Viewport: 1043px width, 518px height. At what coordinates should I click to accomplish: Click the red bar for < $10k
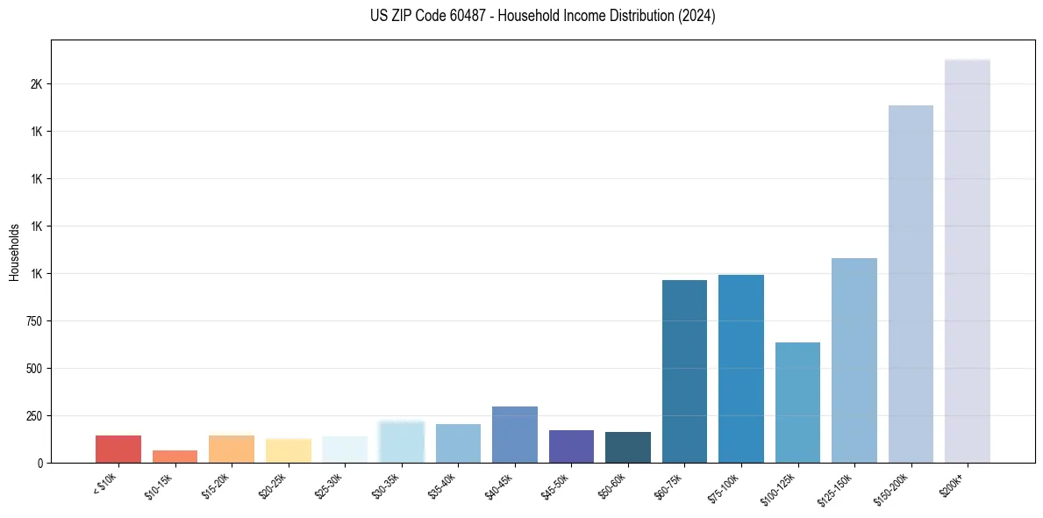[118, 449]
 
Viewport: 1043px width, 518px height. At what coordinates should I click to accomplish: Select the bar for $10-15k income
[175, 457]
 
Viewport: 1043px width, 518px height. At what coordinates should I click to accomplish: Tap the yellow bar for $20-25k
[288, 450]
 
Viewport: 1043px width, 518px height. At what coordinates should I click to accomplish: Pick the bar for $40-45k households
[514, 435]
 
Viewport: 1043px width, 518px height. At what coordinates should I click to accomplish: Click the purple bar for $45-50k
[571, 446]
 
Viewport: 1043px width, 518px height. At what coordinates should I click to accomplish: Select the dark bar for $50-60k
[627, 447]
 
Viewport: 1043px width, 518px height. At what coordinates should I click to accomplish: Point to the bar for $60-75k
[684, 371]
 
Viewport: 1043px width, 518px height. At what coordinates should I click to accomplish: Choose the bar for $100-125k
[797, 402]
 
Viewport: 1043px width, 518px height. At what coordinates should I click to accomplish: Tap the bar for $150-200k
[911, 284]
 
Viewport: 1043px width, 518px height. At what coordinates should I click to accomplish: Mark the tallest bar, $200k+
[967, 261]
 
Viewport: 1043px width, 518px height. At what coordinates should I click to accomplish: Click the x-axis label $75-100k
[724, 487]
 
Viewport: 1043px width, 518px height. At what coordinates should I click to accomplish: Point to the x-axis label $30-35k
[385, 487]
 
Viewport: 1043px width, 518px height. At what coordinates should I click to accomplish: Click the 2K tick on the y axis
[34, 84]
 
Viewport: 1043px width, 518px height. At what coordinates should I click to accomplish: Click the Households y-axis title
[14, 252]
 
